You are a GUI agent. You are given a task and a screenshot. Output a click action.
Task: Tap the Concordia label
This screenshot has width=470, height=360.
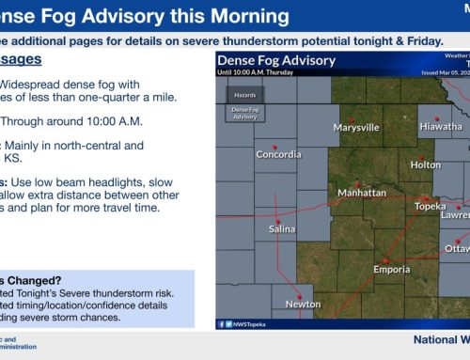(278, 156)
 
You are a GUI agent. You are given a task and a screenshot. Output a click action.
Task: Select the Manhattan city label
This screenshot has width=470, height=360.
(362, 193)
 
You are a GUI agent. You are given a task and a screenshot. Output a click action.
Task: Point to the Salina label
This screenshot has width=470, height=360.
(283, 228)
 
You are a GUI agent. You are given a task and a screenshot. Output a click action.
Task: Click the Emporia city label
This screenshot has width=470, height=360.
(390, 269)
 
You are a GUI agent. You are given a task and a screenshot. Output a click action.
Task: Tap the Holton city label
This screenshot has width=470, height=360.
(425, 164)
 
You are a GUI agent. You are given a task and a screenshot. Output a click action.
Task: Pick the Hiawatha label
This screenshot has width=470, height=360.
(441, 127)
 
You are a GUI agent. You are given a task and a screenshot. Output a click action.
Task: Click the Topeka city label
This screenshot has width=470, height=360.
(430, 206)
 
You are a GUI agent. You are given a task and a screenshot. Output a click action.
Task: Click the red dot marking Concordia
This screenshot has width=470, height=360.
(274, 145)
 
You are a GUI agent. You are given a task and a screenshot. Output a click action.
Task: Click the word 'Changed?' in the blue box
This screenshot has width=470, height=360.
(38, 253)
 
